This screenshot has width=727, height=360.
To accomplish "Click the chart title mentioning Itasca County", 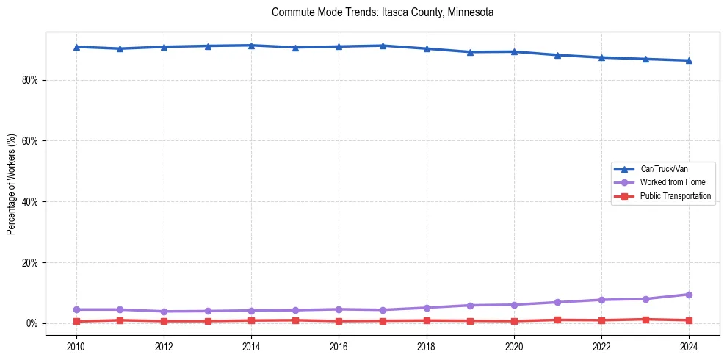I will [383, 12].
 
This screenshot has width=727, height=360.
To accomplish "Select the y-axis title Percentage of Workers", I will [11, 184].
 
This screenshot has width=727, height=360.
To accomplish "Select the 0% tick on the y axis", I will [31, 324].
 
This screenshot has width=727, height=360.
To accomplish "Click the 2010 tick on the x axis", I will [76, 346].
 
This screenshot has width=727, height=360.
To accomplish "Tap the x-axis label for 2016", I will [339, 346].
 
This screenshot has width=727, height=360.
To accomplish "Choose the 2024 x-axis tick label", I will [689, 346].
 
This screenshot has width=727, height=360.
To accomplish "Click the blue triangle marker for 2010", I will [76, 47].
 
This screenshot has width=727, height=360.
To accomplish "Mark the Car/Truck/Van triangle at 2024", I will [689, 60].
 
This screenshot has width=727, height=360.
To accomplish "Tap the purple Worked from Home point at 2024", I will [689, 295].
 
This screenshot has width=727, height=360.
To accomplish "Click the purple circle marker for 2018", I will [427, 308].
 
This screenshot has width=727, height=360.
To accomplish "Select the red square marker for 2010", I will [76, 321].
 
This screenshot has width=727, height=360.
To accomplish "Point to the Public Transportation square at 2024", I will [689, 320].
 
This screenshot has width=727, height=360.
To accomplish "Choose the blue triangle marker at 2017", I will [383, 46].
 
